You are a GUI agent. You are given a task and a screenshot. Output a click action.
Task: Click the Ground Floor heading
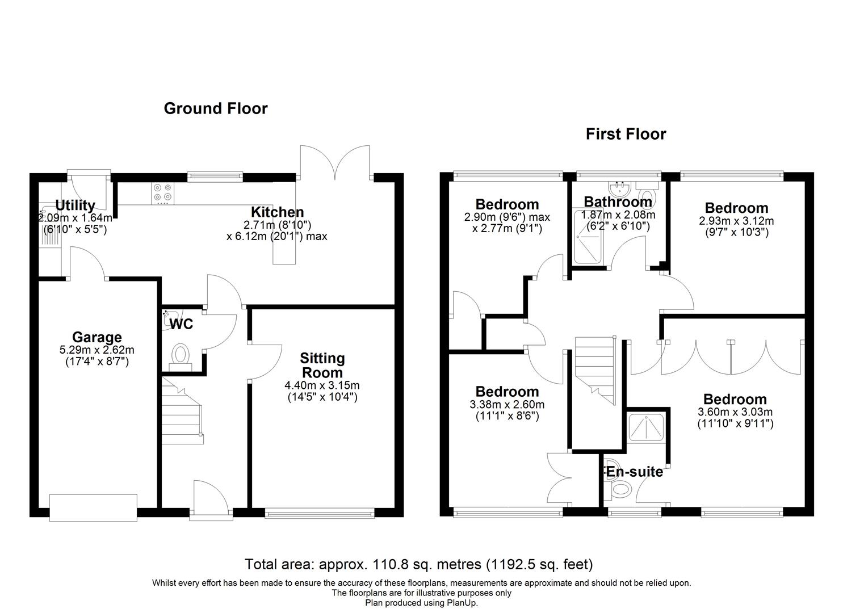click(215, 108)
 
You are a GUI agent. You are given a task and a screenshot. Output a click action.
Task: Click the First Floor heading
click(626, 134)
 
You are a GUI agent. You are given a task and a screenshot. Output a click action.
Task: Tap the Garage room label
click(97, 338)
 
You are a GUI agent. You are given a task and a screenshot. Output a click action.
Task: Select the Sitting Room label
click(322, 365)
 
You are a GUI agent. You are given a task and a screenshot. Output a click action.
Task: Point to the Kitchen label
click(278, 212)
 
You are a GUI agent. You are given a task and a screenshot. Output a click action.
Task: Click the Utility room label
click(75, 205)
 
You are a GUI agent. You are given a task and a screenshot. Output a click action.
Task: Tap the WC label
click(182, 324)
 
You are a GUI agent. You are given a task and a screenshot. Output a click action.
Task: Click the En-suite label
click(634, 472)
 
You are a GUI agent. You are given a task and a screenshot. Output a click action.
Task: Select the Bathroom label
click(618, 201)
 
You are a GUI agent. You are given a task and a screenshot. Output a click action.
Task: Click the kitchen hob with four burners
click(163, 192)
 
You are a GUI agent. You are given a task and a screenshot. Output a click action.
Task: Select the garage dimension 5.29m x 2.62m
click(97, 350)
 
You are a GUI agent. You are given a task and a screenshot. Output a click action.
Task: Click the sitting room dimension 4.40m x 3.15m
click(322, 385)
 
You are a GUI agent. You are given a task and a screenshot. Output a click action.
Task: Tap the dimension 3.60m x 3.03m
click(735, 412)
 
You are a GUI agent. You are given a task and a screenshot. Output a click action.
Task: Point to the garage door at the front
click(93, 507)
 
